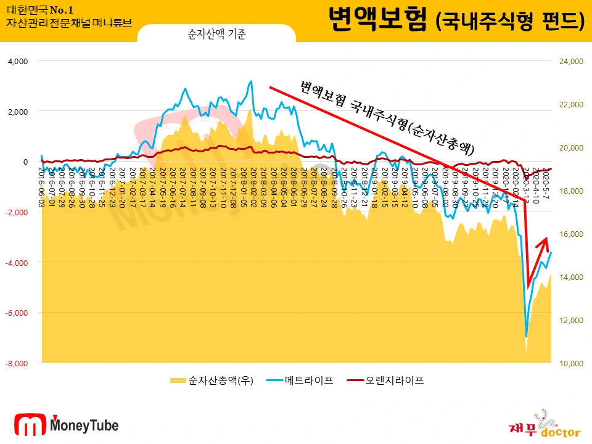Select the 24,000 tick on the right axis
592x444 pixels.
(571, 61)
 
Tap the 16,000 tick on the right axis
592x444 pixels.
(571, 234)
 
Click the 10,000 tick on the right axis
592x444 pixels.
(571, 363)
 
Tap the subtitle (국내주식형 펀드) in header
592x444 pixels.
(509, 22)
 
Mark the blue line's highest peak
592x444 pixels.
(250, 81)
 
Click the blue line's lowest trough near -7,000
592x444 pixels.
(526, 336)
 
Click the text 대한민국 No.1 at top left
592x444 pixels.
(44, 10)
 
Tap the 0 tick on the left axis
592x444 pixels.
(25, 162)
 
